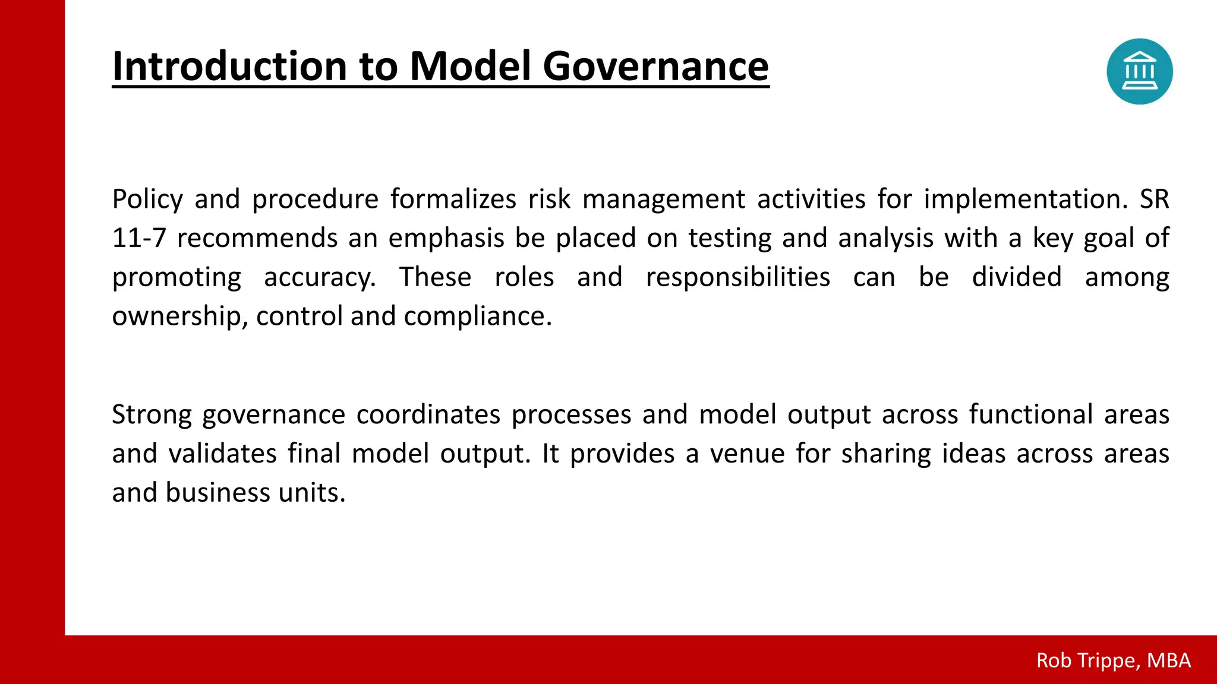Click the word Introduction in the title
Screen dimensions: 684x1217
click(x=229, y=66)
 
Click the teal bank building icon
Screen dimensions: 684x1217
click(x=1139, y=72)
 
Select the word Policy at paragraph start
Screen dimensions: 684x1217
click(x=147, y=199)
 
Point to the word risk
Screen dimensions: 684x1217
click(x=549, y=199)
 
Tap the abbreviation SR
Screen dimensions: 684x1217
click(x=1154, y=199)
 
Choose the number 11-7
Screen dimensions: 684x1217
click(x=139, y=238)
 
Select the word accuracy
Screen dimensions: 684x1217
click(x=320, y=277)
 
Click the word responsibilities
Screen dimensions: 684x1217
click(x=737, y=277)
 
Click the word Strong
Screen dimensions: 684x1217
click(x=152, y=414)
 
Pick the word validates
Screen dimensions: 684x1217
click(x=222, y=454)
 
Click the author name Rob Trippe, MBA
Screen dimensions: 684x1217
click(x=1113, y=660)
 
